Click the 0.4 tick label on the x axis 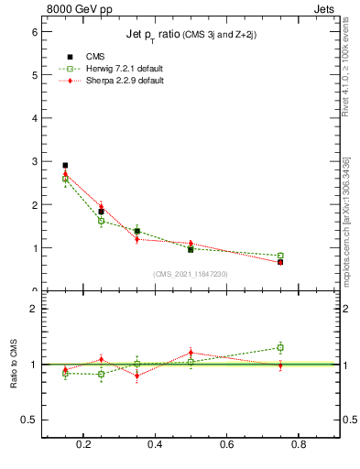click(x=155, y=445)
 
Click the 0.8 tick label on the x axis click(x=298, y=445)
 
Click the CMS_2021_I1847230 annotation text click(x=191, y=274)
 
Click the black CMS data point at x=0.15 click(x=65, y=166)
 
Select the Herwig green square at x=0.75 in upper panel click(x=280, y=256)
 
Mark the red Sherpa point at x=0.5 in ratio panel click(x=191, y=353)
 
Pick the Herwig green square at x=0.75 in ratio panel click(x=280, y=347)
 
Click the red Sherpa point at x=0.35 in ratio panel click(x=137, y=376)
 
